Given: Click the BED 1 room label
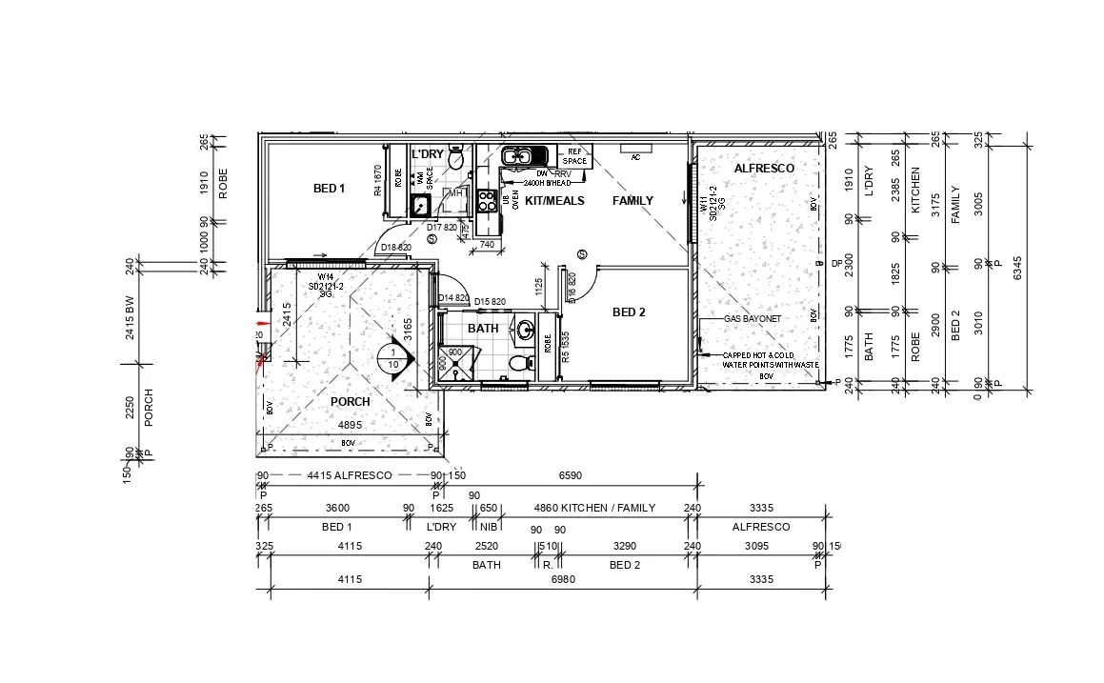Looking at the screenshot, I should (329, 189).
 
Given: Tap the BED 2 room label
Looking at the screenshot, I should (629, 312).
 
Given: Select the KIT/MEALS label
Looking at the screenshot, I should (554, 201).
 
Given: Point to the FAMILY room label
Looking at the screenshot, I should (632, 201).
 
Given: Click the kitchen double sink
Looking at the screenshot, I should (521, 156).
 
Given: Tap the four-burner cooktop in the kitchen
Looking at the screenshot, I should (486, 201).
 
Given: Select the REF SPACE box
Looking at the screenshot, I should (574, 156).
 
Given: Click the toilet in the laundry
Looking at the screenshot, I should (456, 159).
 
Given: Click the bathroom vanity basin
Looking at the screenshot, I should (525, 331).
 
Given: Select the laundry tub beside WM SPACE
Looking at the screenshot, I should (419, 203).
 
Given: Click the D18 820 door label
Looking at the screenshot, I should (395, 248).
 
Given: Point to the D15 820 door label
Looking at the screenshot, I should (490, 300).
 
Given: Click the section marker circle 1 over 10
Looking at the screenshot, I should (392, 357).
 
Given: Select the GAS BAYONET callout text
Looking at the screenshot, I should (753, 319).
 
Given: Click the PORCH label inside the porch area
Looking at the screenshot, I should (350, 402).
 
